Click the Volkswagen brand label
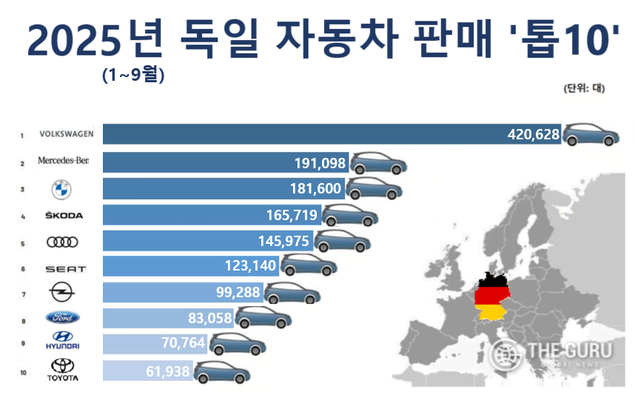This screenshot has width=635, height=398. (x=66, y=135)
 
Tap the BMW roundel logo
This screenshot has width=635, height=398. (x=61, y=189)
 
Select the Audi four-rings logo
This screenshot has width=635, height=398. (x=61, y=242)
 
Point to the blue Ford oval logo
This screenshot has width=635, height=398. (x=62, y=318)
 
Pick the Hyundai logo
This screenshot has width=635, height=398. (x=62, y=344)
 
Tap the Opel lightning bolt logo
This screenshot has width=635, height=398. (x=61, y=292)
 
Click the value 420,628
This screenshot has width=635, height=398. (x=534, y=135)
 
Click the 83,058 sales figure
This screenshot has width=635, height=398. (x=206, y=319)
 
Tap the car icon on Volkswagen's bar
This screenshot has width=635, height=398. (x=591, y=135)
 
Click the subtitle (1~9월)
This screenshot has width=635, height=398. (x=132, y=76)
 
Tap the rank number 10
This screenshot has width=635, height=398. (x=23, y=373)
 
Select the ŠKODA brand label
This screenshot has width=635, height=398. (x=64, y=216)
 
